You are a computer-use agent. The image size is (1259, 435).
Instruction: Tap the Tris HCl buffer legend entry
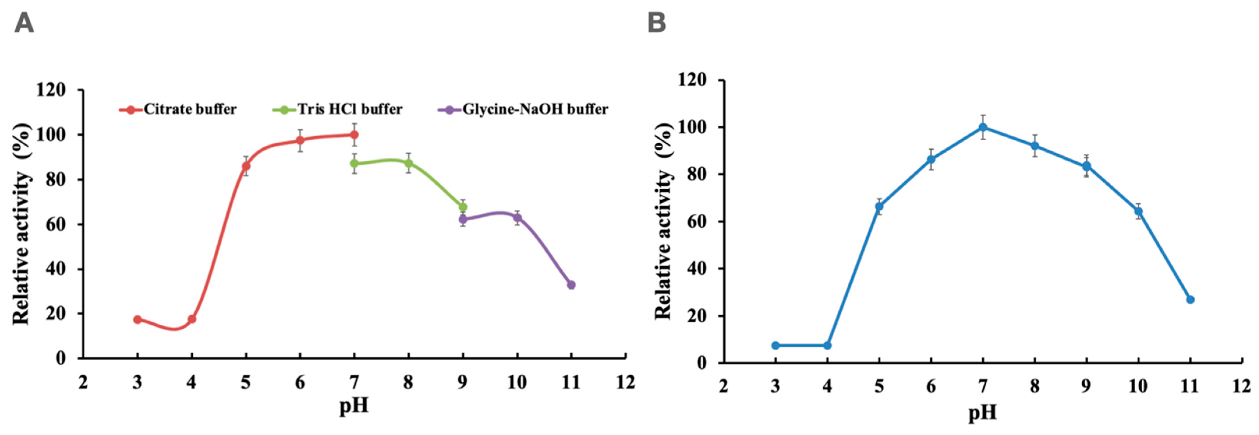tap(338, 109)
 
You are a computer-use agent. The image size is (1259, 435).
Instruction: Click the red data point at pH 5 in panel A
tap(246, 166)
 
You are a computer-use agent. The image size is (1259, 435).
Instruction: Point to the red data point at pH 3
tap(137, 320)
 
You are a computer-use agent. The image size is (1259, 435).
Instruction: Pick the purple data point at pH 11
tap(571, 285)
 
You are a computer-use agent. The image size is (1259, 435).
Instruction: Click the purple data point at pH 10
tap(517, 218)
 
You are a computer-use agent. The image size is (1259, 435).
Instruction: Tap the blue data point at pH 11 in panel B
tap(1190, 300)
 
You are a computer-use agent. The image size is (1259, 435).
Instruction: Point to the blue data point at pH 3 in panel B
tap(775, 346)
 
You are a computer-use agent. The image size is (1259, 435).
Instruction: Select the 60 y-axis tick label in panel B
tap(696, 222)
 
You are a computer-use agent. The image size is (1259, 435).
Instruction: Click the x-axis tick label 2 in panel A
tap(83, 382)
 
